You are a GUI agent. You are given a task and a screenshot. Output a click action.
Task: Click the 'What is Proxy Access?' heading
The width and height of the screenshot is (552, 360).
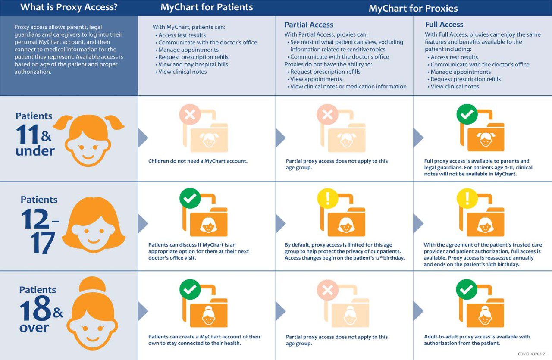tap(69, 7)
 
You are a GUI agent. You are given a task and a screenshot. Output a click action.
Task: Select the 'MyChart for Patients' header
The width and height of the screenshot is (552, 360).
tap(207, 7)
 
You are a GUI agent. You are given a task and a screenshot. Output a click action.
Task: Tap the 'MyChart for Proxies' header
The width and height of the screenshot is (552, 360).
tap(413, 8)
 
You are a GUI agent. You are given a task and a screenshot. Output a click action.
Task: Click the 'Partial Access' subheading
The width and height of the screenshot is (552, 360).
tap(309, 25)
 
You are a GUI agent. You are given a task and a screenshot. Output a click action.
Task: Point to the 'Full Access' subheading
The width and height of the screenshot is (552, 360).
tap(444, 25)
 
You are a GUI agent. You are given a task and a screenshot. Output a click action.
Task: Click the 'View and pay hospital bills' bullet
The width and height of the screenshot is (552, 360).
tap(193, 64)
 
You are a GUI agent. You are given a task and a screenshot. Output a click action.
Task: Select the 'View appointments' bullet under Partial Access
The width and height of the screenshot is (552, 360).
tap(316, 79)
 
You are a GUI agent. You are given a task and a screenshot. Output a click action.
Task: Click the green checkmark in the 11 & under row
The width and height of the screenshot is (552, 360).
tap(467, 114)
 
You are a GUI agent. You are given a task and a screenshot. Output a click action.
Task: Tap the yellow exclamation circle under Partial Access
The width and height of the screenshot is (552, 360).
tap(327, 198)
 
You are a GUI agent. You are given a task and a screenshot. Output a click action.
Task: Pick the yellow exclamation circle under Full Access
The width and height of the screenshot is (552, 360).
tap(467, 198)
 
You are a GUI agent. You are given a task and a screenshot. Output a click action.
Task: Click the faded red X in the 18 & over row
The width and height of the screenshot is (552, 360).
tap(327, 290)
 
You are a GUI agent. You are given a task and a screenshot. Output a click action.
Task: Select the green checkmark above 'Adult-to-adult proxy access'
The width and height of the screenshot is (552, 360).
tap(467, 290)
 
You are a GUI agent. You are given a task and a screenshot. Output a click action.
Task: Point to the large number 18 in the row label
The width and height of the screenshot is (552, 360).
tap(35, 308)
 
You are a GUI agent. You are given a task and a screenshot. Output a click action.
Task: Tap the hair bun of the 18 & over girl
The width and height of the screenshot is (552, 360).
tap(92, 285)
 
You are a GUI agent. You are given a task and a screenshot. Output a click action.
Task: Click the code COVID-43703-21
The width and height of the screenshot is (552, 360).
tap(532, 354)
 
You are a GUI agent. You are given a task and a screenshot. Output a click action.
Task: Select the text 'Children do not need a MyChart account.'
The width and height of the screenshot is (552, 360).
tap(198, 161)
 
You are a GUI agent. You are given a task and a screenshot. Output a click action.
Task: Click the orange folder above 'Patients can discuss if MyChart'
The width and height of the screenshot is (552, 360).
tap(205, 215)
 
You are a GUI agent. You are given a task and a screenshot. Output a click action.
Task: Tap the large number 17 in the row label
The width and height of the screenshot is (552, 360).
tap(43, 243)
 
